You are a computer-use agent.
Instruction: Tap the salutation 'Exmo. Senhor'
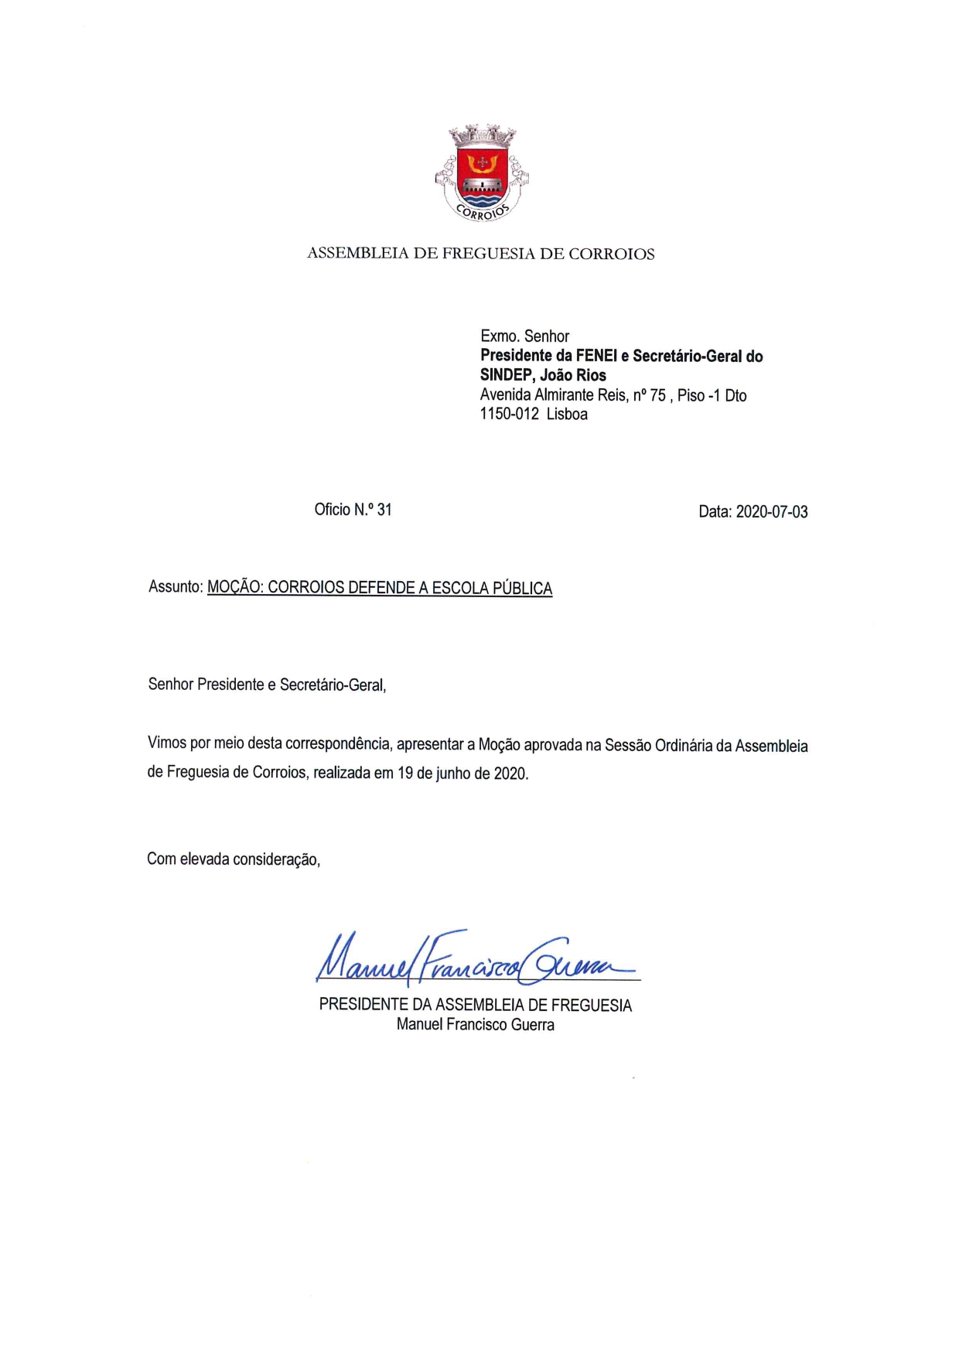click(524, 336)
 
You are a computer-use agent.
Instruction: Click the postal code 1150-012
click(509, 415)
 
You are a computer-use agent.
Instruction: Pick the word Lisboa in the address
click(567, 415)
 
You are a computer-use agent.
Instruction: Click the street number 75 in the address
click(657, 395)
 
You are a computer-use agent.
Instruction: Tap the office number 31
click(384, 510)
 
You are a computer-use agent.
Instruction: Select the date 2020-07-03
click(771, 512)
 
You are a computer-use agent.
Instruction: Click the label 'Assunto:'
click(176, 587)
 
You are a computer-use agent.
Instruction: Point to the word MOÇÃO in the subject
click(235, 588)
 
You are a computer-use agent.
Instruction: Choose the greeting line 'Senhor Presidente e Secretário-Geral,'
click(267, 685)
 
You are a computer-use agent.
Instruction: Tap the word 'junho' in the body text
click(453, 774)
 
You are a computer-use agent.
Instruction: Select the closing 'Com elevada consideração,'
click(234, 859)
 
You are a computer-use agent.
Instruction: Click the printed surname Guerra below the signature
click(532, 1025)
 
